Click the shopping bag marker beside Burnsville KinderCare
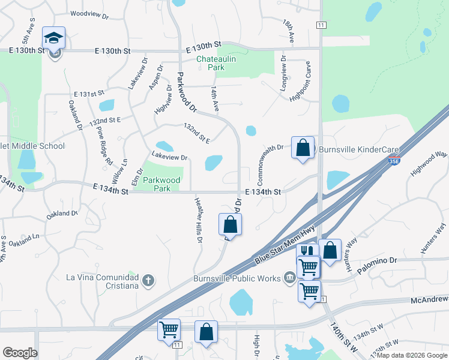(x=303, y=148)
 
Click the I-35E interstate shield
(x=394, y=161)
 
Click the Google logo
(x=20, y=353)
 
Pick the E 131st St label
(x=89, y=94)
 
